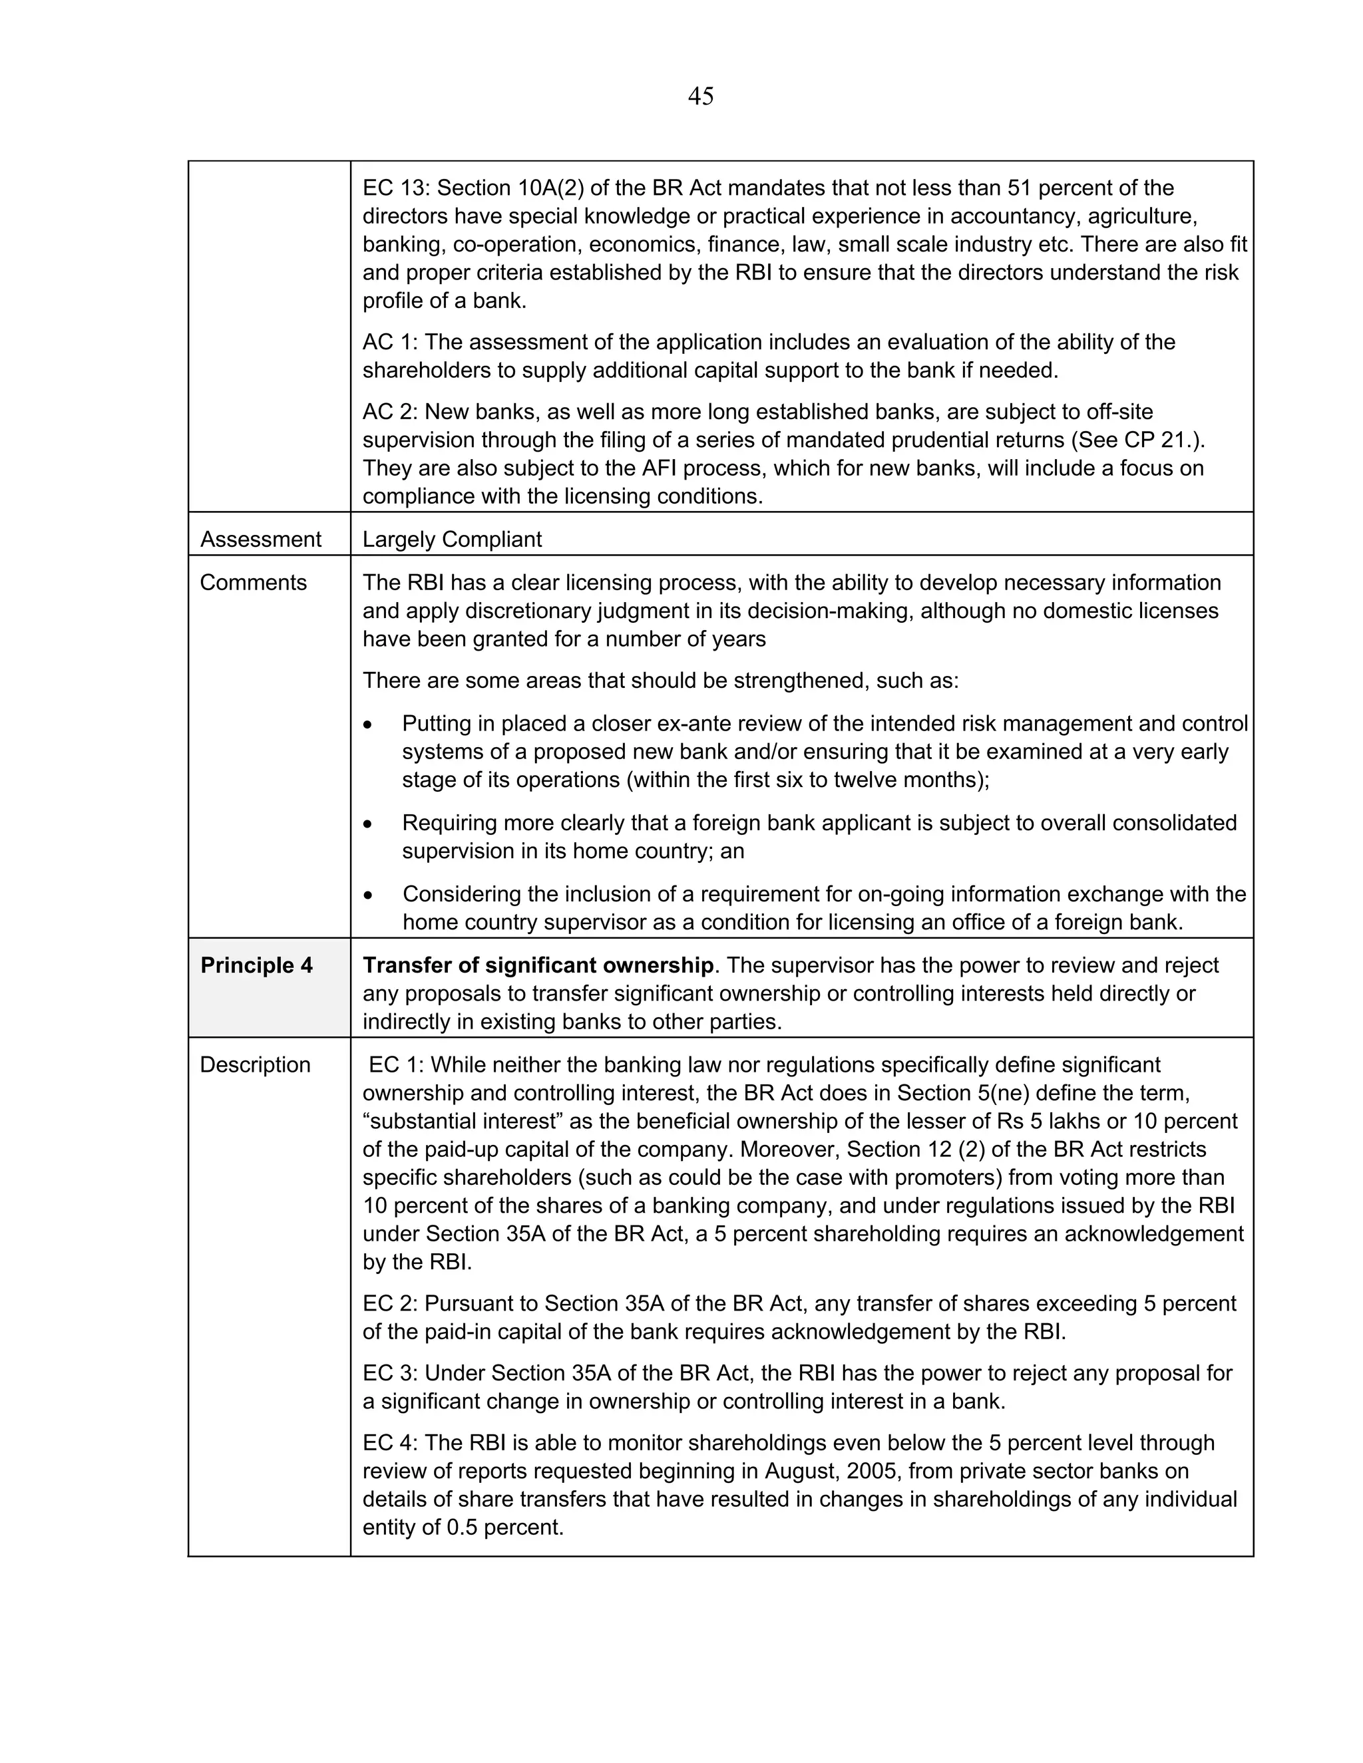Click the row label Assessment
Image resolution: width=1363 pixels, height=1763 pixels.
pos(260,540)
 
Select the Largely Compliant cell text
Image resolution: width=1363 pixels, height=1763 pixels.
pos(451,540)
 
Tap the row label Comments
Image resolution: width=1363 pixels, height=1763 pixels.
pos(253,583)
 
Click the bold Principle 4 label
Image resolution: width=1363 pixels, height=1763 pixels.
pos(256,965)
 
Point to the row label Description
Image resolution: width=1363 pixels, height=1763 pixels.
pos(254,1064)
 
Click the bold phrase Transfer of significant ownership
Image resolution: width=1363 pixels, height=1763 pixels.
pos(538,965)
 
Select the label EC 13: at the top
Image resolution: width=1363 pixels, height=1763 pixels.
pos(396,188)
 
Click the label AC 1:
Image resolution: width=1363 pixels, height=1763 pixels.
pos(390,342)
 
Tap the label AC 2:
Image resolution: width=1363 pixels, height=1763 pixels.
pos(390,412)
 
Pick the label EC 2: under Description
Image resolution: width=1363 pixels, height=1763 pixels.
pos(390,1304)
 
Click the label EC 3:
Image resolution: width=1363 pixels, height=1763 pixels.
pos(390,1373)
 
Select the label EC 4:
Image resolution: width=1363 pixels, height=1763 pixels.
pos(390,1442)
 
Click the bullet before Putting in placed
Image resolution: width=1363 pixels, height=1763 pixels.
pos(368,725)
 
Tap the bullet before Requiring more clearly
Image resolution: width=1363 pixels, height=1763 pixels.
pos(368,824)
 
